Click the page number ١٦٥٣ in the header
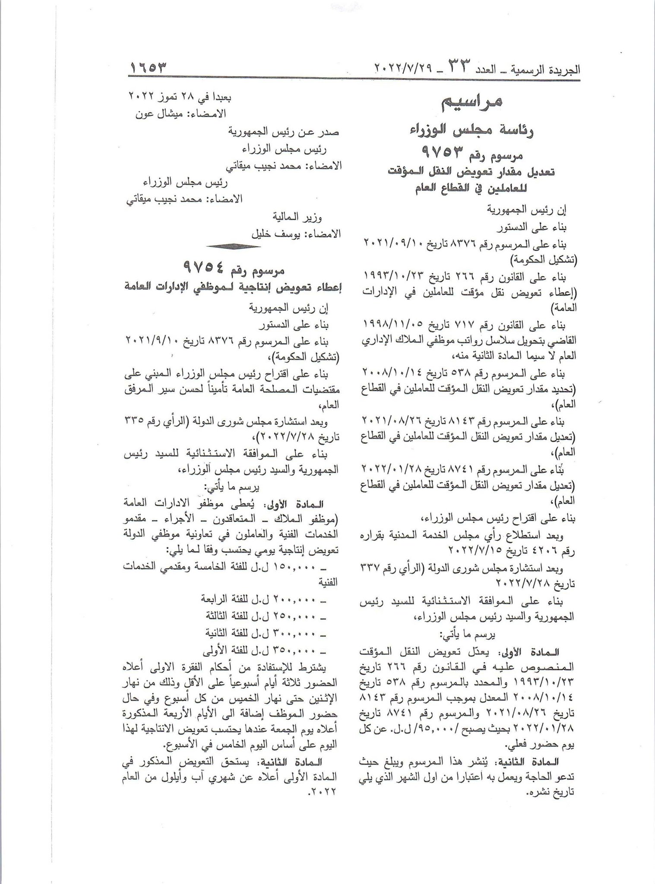148,68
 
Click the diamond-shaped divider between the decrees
233,246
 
